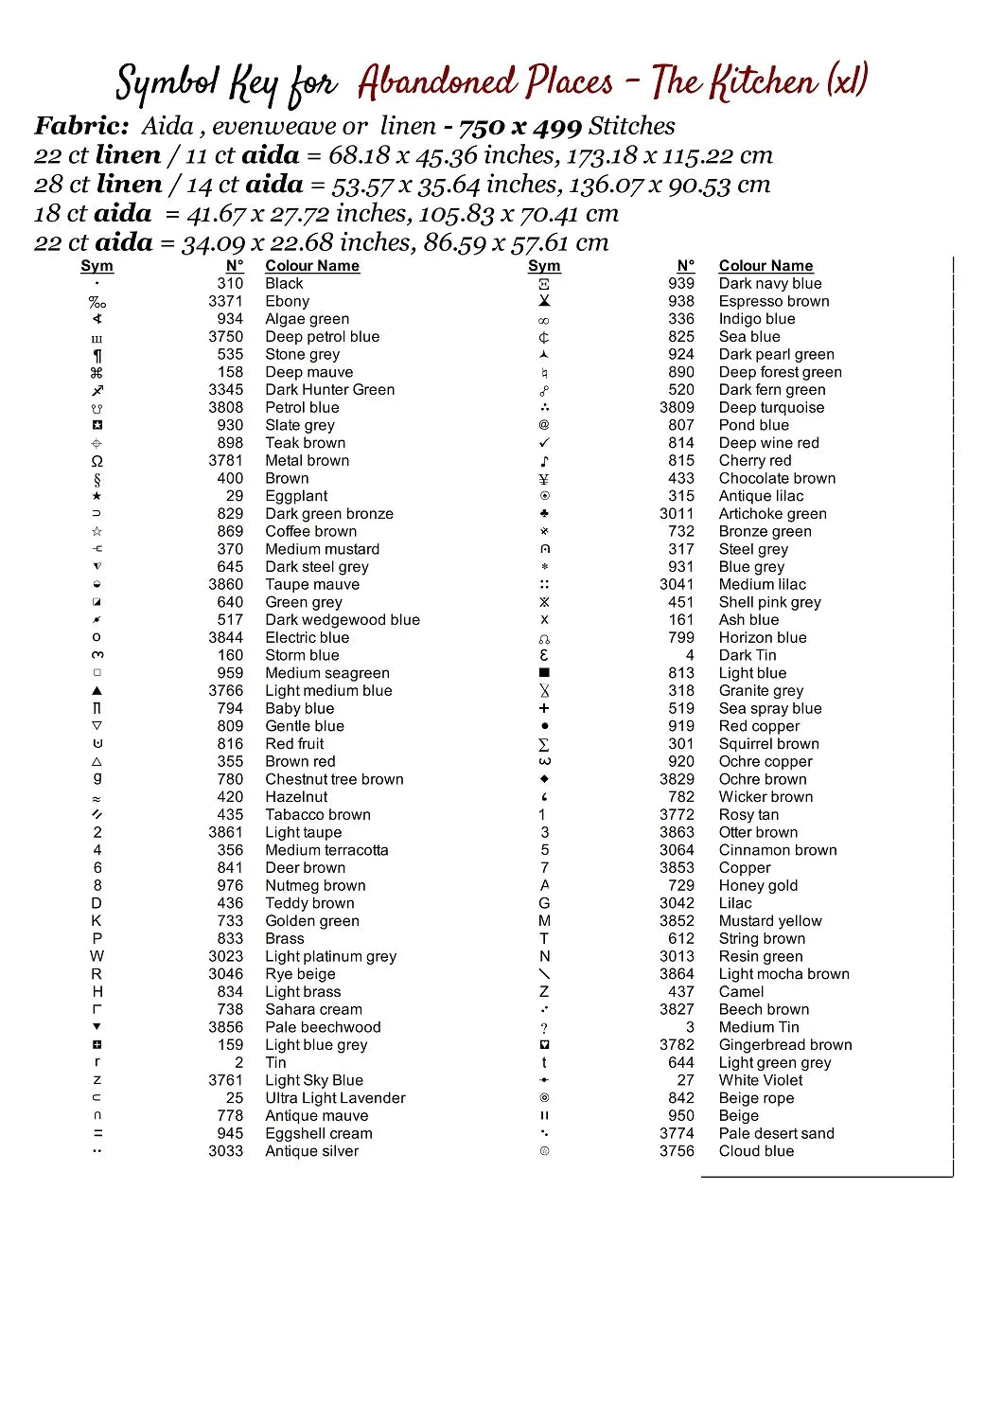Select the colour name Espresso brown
click(x=773, y=301)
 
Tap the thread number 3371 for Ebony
click(x=225, y=301)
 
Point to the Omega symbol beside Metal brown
click(x=97, y=461)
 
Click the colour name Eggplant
click(x=296, y=496)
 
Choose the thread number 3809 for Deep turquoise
click(x=677, y=408)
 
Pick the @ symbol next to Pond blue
click(x=544, y=425)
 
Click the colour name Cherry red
click(x=754, y=461)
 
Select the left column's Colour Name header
click(x=311, y=266)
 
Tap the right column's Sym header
click(x=544, y=266)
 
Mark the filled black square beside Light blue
click(x=544, y=673)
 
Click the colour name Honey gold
click(x=758, y=886)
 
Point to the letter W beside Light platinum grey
click(x=97, y=956)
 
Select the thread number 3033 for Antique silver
click(x=225, y=1151)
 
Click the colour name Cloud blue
click(x=756, y=1151)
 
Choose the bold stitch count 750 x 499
click(x=519, y=127)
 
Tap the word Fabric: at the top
click(x=81, y=127)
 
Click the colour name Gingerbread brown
click(x=784, y=1045)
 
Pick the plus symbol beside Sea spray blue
click(x=544, y=708)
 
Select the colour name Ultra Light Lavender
click(x=335, y=1098)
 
